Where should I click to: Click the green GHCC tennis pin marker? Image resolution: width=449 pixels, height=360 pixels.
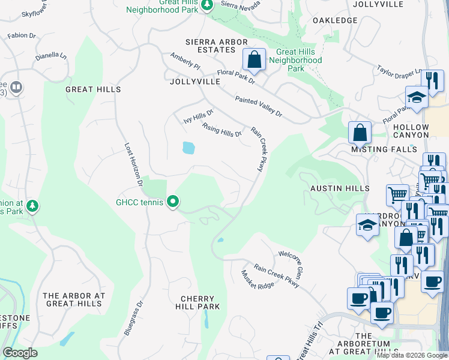[173, 202]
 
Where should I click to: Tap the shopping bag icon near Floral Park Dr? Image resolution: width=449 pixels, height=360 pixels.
[254, 60]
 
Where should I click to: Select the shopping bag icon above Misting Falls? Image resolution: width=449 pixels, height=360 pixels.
[360, 132]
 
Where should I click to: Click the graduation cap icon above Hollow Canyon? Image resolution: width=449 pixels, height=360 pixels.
[417, 98]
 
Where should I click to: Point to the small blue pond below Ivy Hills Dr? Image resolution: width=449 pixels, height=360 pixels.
[188, 148]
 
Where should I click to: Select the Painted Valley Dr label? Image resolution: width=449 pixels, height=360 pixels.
[258, 105]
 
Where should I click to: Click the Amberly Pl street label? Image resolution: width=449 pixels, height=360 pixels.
[184, 60]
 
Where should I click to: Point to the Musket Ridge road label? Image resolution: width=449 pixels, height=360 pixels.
[258, 279]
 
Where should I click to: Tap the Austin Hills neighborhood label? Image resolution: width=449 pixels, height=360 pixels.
[335, 188]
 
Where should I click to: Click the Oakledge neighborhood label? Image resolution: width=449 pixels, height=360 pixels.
[335, 20]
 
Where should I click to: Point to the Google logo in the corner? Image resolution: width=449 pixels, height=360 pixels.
[20, 353]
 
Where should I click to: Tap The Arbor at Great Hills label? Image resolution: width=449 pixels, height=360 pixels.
[74, 299]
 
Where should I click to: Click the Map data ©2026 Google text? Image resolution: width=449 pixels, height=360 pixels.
[412, 355]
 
